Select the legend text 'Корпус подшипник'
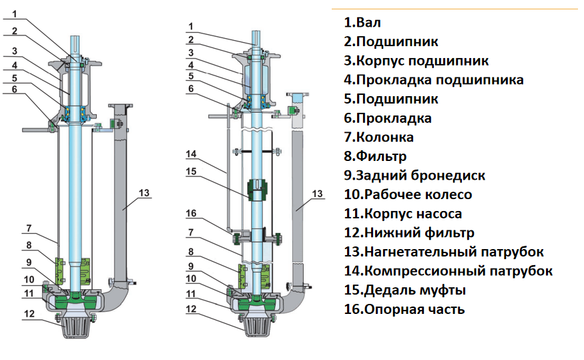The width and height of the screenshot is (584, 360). click(416, 61)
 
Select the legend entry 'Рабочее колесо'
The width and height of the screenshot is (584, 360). click(408, 195)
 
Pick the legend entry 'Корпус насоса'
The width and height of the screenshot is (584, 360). click(403, 214)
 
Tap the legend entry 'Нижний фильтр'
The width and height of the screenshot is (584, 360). click(409, 233)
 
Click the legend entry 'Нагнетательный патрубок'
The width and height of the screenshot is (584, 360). click(444, 252)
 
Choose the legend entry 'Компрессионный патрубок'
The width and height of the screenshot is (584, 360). click(449, 271)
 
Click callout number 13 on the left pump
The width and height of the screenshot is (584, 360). click(145, 193)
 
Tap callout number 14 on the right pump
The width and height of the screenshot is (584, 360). click(191, 154)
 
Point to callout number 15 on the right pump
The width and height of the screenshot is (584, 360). click(191, 170)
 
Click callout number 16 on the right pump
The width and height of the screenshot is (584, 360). click(191, 214)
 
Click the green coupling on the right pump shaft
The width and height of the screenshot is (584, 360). click(257, 190)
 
